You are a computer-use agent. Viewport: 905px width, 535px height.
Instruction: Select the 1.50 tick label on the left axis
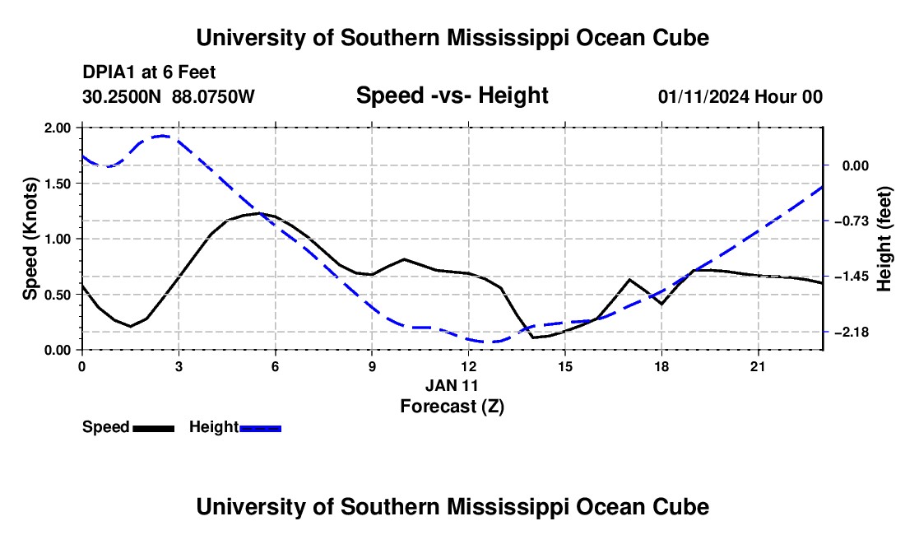tap(57, 184)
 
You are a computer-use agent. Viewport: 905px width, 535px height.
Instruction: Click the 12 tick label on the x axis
tap(469, 366)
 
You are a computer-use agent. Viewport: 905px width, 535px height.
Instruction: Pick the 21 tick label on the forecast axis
tap(758, 366)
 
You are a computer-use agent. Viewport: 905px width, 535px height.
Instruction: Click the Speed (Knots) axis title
tap(30, 239)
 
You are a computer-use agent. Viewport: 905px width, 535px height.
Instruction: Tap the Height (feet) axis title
tap(884, 239)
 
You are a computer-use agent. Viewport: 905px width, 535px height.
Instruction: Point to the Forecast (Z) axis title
tap(452, 407)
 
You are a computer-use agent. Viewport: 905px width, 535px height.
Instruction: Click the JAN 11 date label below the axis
tap(452, 385)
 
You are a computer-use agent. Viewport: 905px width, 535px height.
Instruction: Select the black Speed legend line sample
tap(154, 428)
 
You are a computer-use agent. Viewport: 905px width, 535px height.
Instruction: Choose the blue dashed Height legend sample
tap(260, 428)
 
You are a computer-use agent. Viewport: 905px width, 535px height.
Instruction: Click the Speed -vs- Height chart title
tap(452, 95)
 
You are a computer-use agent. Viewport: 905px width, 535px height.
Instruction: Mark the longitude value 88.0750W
tap(213, 96)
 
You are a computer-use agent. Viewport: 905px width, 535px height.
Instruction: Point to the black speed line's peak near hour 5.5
tap(260, 213)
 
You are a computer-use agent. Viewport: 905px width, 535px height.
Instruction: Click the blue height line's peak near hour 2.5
tap(162, 136)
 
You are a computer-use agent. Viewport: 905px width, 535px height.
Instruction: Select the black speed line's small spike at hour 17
tap(629, 279)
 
